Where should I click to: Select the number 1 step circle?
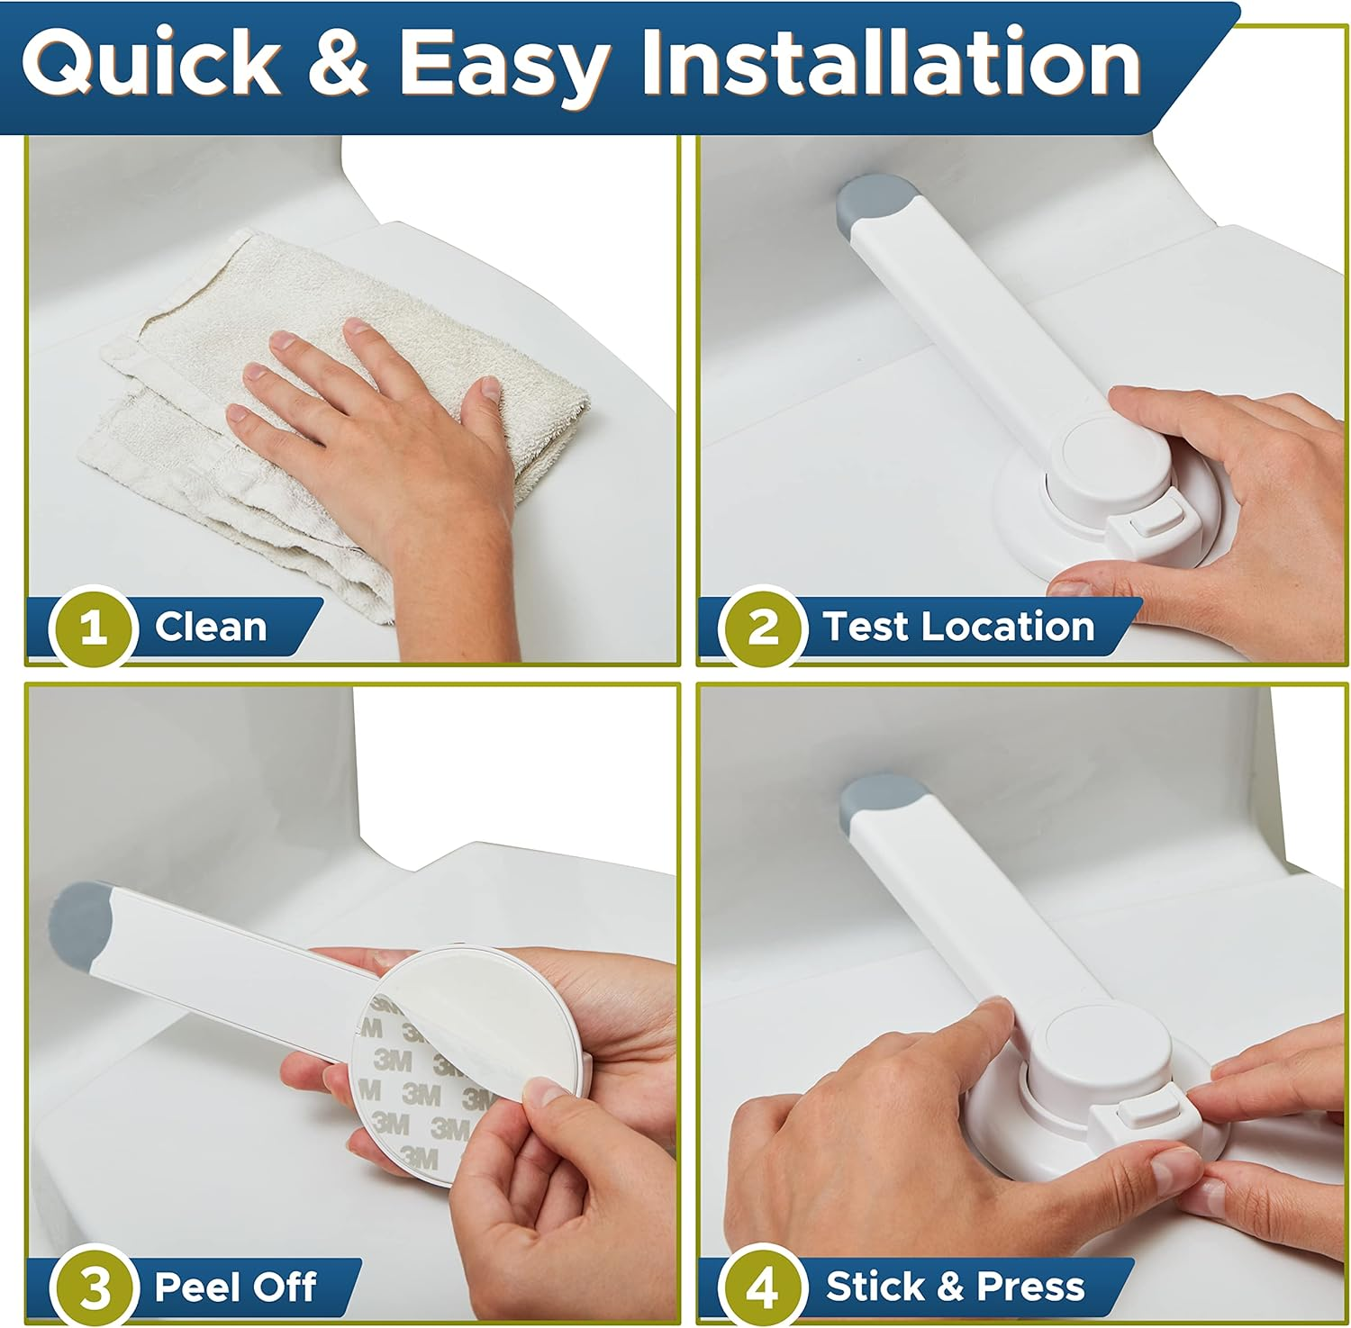tap(93, 628)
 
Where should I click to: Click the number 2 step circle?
tap(763, 628)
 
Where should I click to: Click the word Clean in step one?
tap(211, 627)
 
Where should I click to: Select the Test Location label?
tap(957, 627)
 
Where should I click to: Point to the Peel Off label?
tap(235, 1287)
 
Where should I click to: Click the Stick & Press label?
tap(955, 1287)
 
